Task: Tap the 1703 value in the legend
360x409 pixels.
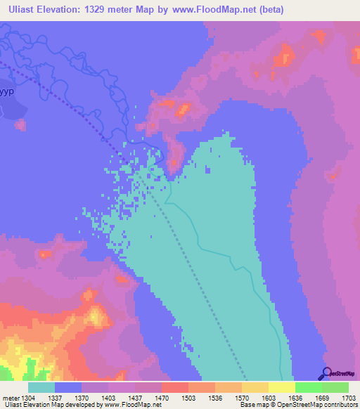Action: tap(340, 398)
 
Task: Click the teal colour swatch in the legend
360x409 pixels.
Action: tap(41, 387)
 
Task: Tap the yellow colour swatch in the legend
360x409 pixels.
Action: tap(281, 387)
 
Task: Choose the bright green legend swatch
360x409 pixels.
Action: tap(308, 387)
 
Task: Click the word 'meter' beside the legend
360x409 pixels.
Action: tap(10, 398)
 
